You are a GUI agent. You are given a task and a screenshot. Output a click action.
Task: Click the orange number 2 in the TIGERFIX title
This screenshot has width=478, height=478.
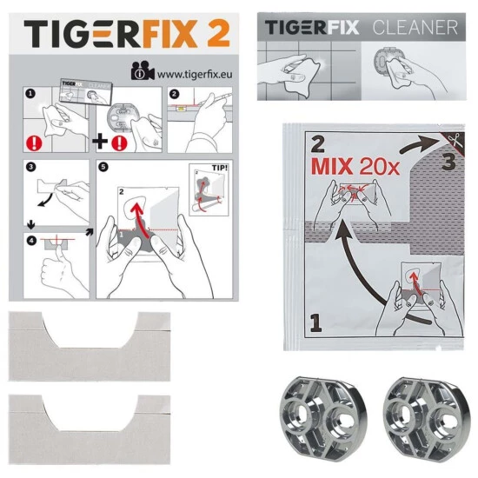tap(217, 33)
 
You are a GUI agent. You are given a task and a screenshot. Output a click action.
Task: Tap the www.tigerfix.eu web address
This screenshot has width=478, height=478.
tap(195, 74)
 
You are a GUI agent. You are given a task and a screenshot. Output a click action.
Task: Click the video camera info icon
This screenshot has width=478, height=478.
tap(142, 71)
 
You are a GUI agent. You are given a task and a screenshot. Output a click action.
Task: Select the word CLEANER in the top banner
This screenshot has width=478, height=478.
tap(415, 28)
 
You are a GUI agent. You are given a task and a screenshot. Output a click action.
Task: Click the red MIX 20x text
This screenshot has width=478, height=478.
tap(355, 167)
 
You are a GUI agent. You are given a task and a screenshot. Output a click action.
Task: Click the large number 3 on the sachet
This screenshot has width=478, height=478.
tap(448, 161)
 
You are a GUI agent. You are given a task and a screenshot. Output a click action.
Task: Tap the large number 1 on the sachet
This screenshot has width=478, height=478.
tap(315, 323)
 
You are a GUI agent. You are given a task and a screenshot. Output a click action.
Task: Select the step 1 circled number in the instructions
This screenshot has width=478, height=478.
tap(30, 94)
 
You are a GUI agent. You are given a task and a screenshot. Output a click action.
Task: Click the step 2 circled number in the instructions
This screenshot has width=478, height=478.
tap(175, 94)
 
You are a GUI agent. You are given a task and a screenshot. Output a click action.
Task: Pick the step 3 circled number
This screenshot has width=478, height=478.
tap(30, 167)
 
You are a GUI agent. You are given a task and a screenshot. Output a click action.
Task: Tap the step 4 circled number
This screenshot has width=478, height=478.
tap(31, 241)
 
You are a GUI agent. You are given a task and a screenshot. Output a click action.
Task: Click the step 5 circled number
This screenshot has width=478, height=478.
tap(103, 167)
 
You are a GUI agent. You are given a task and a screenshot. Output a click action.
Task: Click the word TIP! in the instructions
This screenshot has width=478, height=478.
tap(220, 168)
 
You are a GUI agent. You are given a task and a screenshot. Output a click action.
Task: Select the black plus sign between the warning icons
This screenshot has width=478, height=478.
tap(100, 142)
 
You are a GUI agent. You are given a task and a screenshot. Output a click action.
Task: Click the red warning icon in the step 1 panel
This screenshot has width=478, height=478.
tap(34, 143)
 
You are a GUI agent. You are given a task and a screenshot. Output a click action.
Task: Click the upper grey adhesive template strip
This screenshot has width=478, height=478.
tap(90, 346)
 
